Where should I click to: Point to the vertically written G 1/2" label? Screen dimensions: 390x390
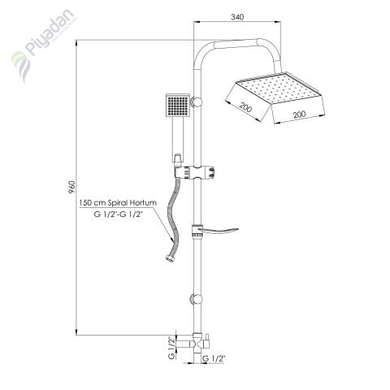click(x=171, y=347)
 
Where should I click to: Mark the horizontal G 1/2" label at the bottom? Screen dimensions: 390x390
click(x=212, y=358)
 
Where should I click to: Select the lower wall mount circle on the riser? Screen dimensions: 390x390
click(x=194, y=298)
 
